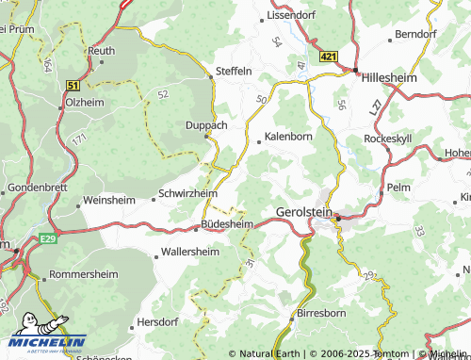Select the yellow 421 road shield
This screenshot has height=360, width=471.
tap(328, 57)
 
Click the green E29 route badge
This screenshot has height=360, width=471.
tap(49, 240)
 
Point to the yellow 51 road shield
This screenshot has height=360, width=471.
tap(73, 85)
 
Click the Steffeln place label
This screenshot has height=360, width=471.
tap(234, 71)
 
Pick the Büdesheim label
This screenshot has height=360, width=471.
tap(227, 224)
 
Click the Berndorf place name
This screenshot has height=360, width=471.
tap(417, 34)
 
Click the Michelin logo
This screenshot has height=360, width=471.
tap(43, 344)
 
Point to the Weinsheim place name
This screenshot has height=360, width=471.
tap(110, 201)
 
